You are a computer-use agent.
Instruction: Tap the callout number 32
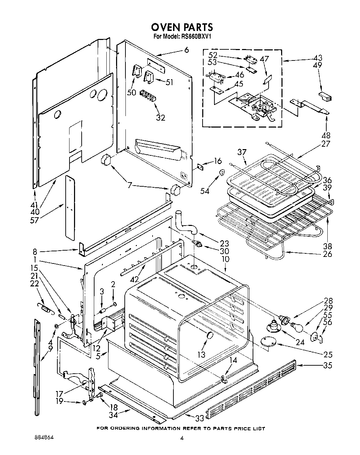tap(160, 117)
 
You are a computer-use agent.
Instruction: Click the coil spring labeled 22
tap(45, 307)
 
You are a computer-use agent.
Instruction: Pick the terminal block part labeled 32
tap(148, 96)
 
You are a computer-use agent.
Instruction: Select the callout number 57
tap(35, 219)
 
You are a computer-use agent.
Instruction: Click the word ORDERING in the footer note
tap(128, 429)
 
